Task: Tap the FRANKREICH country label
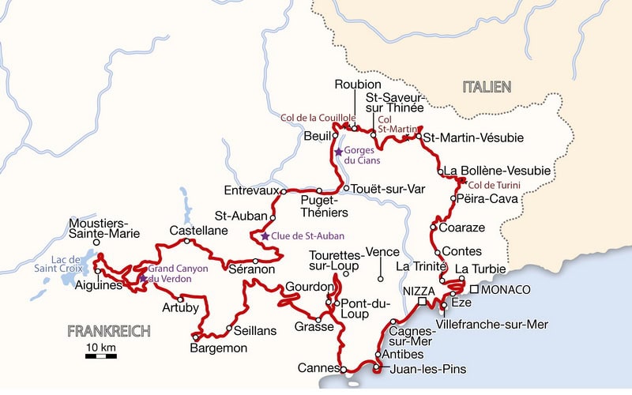coord(108,331)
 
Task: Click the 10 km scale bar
coord(101,356)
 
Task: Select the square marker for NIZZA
coord(423,302)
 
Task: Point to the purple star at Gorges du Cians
coord(338,151)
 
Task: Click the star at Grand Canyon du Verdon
coord(143,278)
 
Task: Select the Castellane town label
coord(199,230)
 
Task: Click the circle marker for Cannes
coord(344,368)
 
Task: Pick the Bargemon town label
coord(220,348)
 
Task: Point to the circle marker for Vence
coord(380,279)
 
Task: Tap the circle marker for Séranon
coord(255,261)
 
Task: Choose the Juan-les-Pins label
coord(427,369)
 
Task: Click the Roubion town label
coord(358,85)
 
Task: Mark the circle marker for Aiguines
coord(98,271)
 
